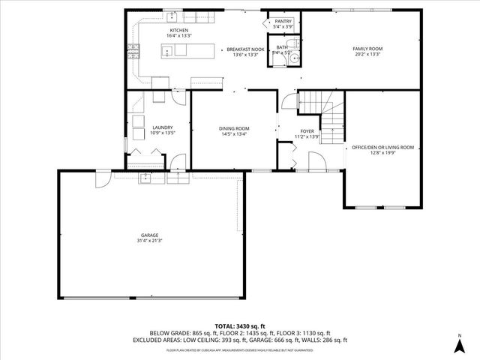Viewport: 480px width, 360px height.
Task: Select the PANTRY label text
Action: pos(283,22)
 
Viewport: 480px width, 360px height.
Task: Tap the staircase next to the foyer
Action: pos(320,105)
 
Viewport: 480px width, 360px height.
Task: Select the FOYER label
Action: pos(307,131)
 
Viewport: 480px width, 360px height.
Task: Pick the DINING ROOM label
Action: pos(234,129)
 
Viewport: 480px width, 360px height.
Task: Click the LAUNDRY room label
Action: pos(163,127)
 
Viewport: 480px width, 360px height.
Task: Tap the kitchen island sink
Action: pos(169,51)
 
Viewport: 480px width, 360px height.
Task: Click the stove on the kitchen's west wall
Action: pos(134,53)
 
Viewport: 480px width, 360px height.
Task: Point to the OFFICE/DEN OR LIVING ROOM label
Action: pos(382,147)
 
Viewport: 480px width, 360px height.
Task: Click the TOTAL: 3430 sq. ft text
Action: pos(240,326)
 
